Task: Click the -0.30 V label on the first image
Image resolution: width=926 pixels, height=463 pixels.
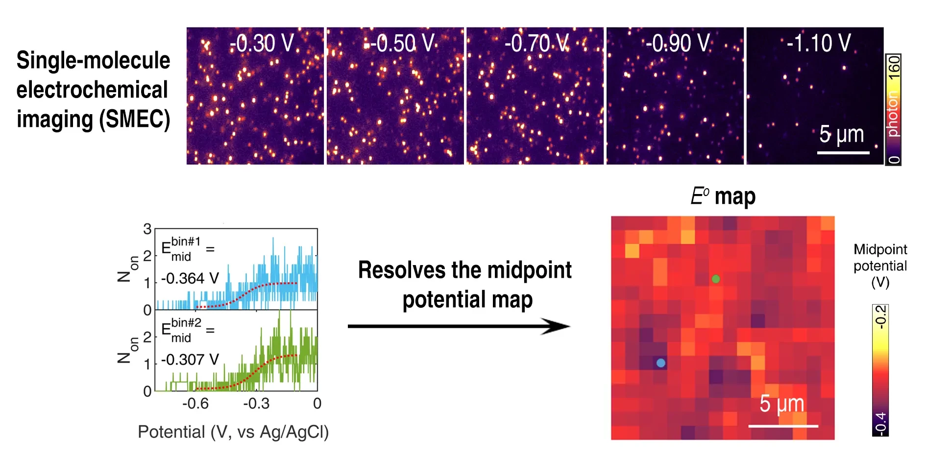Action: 262,44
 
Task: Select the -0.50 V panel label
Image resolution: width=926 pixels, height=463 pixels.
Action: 402,44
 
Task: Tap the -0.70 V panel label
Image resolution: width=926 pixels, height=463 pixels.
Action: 537,44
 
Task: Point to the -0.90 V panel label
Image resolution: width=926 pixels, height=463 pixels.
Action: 677,44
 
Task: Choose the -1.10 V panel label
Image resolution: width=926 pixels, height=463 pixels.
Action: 818,44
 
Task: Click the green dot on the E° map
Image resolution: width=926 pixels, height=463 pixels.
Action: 716,279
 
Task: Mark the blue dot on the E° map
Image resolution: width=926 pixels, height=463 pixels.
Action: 661,363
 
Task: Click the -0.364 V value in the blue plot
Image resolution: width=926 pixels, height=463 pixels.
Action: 190,278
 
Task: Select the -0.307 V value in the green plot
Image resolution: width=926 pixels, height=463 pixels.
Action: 190,360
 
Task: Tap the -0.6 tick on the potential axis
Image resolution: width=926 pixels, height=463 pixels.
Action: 195,404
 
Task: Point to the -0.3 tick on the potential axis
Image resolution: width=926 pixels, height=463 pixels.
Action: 256,404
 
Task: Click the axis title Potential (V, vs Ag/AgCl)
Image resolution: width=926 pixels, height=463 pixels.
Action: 233,432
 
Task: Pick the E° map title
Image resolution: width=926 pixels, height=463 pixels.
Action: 723,196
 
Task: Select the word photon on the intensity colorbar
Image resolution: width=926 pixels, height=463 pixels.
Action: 893,115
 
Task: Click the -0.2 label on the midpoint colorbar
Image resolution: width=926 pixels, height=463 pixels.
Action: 880,317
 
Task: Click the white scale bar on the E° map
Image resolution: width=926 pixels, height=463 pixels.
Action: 783,426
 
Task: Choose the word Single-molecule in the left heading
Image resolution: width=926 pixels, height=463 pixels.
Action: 93,61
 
